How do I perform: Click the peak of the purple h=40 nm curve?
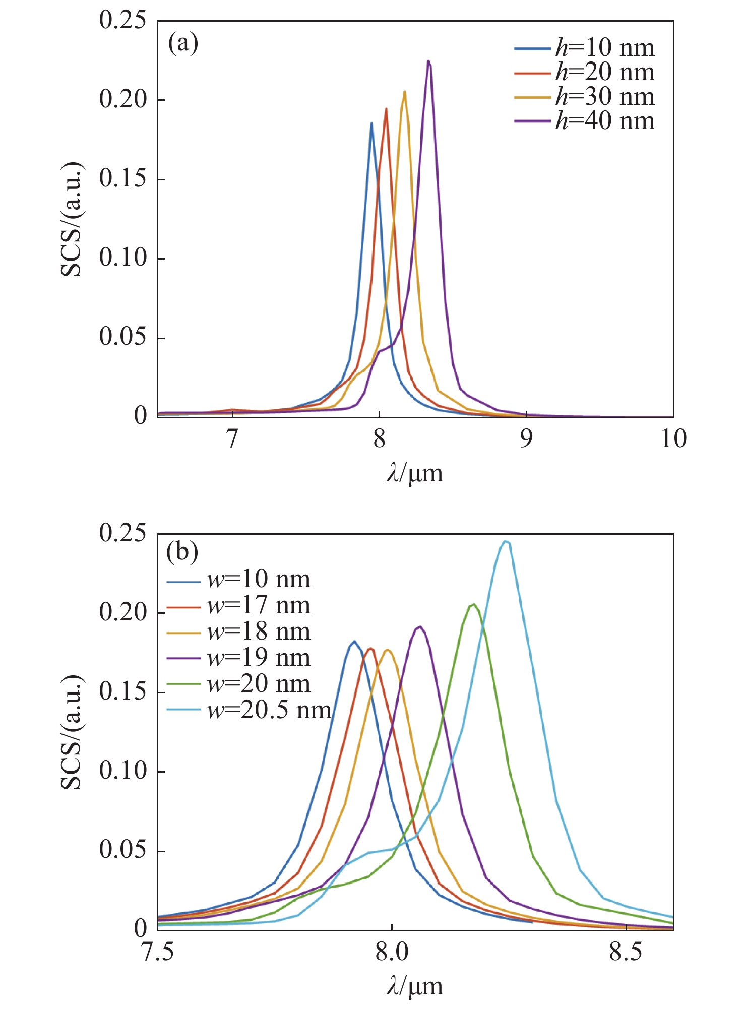pos(428,61)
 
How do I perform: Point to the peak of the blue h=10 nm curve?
pos(371,122)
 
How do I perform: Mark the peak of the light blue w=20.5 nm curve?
pos(506,541)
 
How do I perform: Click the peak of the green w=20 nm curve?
pos(473,604)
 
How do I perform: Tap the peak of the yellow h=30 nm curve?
pos(404,91)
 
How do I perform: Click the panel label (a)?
pos(183,43)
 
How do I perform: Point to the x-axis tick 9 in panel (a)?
pos(526,439)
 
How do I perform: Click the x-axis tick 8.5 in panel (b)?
pos(626,952)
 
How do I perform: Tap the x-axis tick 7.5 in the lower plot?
pos(158,952)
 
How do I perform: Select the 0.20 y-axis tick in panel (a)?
pos(122,99)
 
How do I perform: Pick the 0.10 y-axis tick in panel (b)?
pos(122,771)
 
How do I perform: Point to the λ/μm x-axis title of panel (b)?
pos(415,986)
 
